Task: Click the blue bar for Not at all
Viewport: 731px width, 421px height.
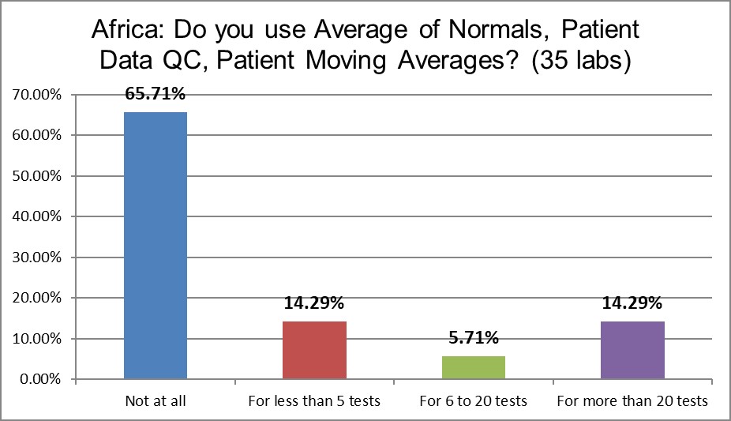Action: pyautogui.click(x=156, y=246)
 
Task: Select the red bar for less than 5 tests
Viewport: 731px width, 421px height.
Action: pyautogui.click(x=314, y=350)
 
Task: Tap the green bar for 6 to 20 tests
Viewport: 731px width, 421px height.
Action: pyautogui.click(x=474, y=367)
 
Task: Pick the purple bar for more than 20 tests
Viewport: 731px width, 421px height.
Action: pyautogui.click(x=632, y=350)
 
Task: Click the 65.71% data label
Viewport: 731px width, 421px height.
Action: pyautogui.click(x=156, y=95)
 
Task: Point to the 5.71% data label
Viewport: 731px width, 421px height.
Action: pyautogui.click(x=474, y=339)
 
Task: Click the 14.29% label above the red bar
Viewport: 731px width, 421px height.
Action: pyautogui.click(x=314, y=304)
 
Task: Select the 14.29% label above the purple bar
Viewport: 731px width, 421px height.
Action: pyautogui.click(x=632, y=304)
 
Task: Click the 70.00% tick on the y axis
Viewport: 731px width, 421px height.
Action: pyautogui.click(x=38, y=95)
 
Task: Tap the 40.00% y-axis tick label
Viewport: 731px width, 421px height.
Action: pyautogui.click(x=38, y=216)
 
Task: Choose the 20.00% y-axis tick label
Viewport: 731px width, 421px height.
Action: pyautogui.click(x=38, y=299)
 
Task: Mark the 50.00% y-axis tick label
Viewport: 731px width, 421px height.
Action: pyautogui.click(x=38, y=176)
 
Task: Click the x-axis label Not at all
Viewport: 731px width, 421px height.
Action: pyautogui.click(x=156, y=401)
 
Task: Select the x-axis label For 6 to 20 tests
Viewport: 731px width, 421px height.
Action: pyautogui.click(x=474, y=401)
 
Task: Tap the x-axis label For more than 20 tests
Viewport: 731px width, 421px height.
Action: pyautogui.click(x=632, y=401)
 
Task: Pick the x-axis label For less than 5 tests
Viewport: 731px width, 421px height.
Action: pyautogui.click(x=314, y=401)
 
